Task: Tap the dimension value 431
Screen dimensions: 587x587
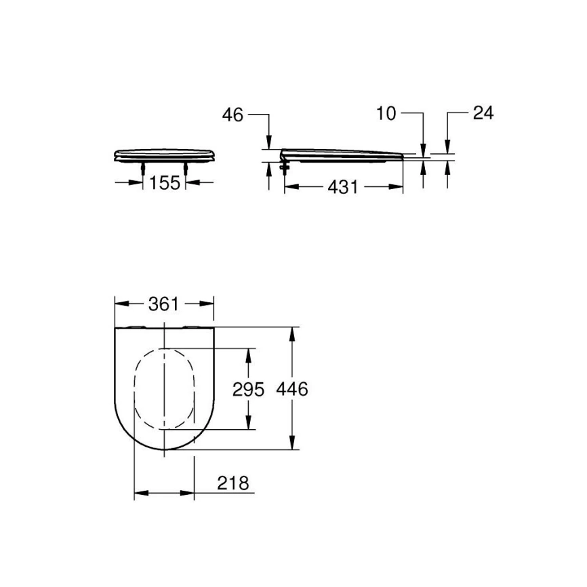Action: tap(343, 187)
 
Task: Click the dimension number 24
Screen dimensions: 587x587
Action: tap(483, 113)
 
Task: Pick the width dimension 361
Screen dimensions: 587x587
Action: tap(164, 304)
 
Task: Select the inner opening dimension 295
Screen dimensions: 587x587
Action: tap(248, 389)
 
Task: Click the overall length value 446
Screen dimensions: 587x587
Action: tap(293, 389)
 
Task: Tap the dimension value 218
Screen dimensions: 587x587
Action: tap(233, 483)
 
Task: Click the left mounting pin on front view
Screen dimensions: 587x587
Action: tap(142, 167)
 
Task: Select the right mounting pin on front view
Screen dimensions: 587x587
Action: tap(186, 167)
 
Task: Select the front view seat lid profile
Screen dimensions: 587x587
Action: tap(165, 155)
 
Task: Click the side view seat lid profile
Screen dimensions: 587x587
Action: tap(342, 155)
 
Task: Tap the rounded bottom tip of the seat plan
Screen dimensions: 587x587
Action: tap(164, 449)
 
